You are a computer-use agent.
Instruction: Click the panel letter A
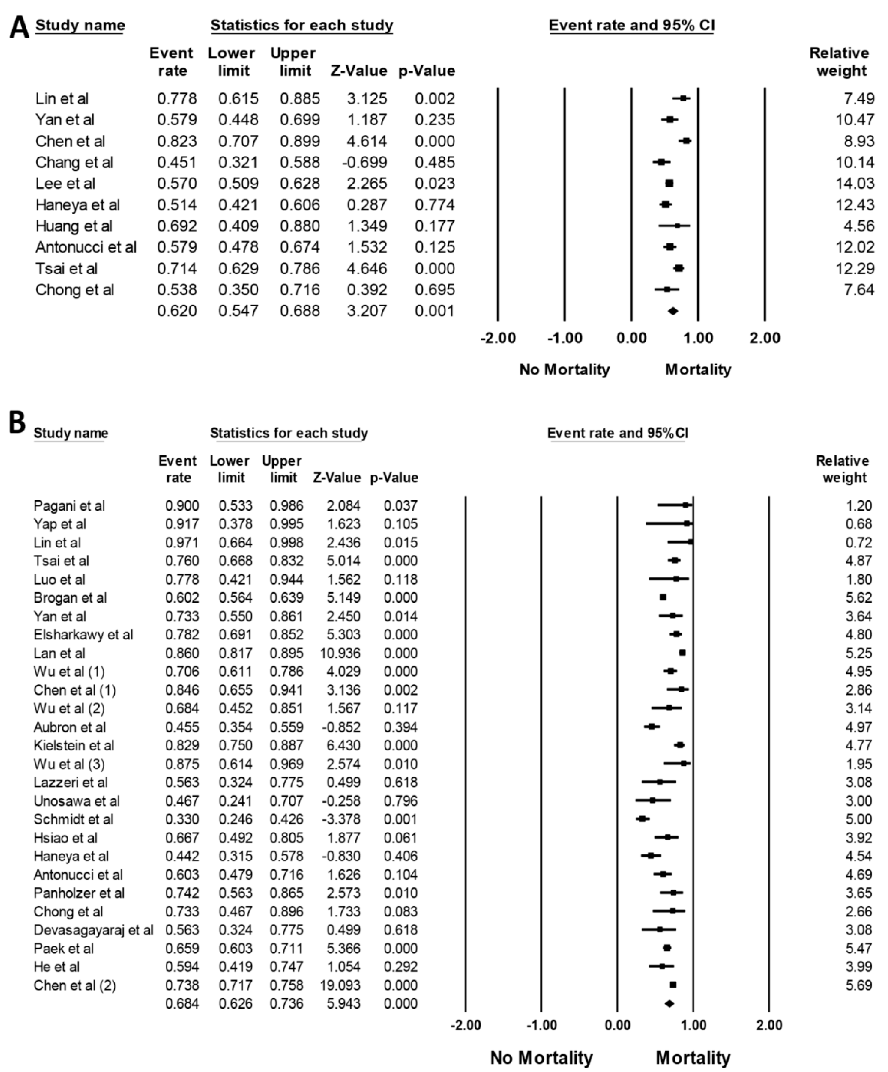click(20, 27)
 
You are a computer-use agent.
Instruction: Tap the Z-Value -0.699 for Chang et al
click(364, 162)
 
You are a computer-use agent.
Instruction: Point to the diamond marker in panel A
click(672, 311)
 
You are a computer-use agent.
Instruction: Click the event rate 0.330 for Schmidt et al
click(182, 819)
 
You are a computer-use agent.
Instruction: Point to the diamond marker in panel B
click(669, 1004)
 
